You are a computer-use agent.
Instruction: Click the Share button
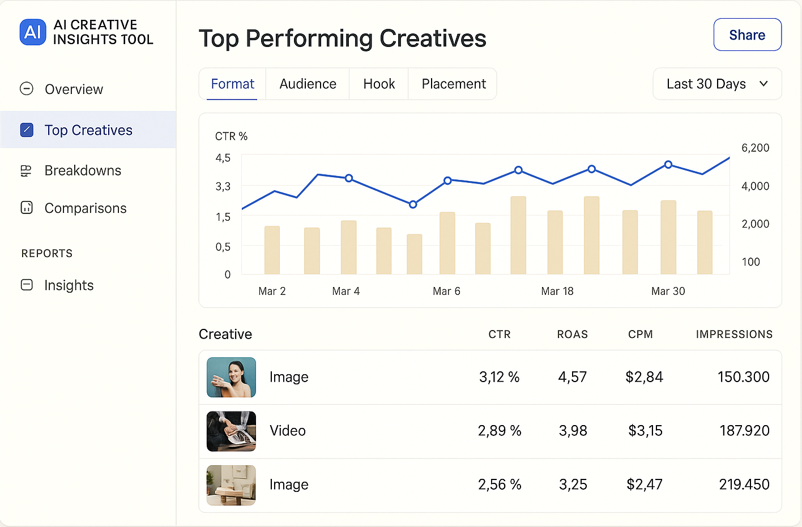747,35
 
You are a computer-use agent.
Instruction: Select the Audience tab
308,84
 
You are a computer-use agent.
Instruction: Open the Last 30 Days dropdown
717,84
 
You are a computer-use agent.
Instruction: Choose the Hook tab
379,84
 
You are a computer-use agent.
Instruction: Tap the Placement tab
453,84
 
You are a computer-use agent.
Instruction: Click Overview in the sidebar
74,89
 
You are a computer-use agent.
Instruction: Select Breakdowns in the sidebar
83,170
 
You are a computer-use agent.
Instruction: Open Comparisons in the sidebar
85,208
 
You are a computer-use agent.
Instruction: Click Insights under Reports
69,285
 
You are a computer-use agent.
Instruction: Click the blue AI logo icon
33,32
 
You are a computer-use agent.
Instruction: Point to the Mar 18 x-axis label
557,291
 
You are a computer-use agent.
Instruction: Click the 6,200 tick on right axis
755,148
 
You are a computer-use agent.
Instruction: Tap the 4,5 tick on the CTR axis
223,158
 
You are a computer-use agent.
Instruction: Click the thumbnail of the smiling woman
231,377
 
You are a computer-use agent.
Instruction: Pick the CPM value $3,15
645,431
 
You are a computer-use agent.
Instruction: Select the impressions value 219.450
744,485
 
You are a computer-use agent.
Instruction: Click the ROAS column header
572,335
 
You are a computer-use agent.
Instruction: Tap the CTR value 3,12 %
499,377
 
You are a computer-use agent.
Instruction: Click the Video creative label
288,431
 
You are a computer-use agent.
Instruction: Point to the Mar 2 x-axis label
272,291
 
